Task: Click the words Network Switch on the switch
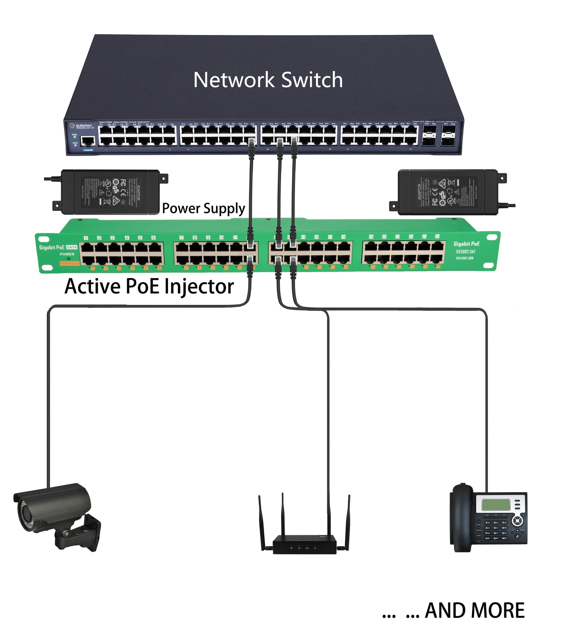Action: click(268, 80)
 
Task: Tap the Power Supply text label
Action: click(203, 208)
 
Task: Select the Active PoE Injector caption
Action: click(149, 287)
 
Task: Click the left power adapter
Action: click(110, 191)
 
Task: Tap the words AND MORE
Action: click(474, 611)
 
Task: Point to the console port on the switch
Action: click(88, 141)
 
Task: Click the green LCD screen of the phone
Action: click(495, 505)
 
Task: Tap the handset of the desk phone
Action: click(462, 516)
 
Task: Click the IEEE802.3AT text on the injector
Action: click(465, 251)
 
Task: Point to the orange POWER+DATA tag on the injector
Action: click(69, 264)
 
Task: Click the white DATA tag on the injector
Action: click(72, 247)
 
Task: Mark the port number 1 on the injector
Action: click(86, 238)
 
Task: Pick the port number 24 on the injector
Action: click(437, 236)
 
